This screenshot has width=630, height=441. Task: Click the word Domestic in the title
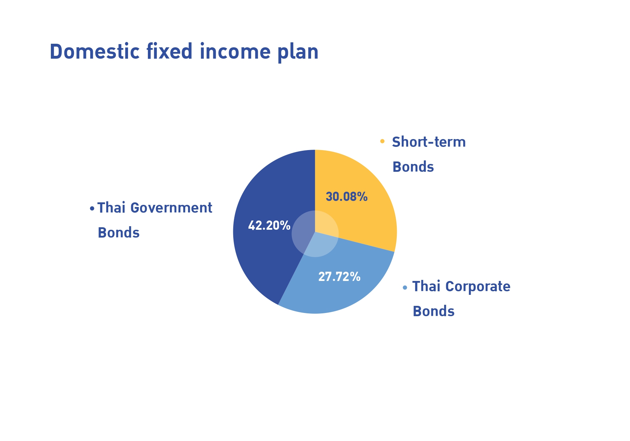pos(95,51)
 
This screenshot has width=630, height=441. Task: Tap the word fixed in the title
pos(169,51)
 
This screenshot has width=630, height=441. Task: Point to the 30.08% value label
pos(347,197)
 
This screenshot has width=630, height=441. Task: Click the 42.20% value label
pos(269,225)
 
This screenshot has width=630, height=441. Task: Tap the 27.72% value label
pos(339,277)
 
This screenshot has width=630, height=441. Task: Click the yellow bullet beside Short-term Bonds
pos(382,141)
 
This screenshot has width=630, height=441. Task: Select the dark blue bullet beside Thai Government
pos(92,208)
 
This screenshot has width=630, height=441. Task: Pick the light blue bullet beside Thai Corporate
pos(405,287)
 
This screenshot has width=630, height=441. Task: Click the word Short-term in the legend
pos(429,142)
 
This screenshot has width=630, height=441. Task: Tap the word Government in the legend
pos(171,208)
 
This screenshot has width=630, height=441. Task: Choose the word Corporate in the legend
pos(478,287)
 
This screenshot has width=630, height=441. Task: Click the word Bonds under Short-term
pos(413,167)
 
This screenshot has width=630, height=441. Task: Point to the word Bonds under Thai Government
pos(119,233)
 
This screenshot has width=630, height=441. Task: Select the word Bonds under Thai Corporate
pos(434,311)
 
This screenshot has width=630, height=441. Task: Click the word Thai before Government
pos(111,208)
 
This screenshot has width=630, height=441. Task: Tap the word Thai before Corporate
pos(426,286)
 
